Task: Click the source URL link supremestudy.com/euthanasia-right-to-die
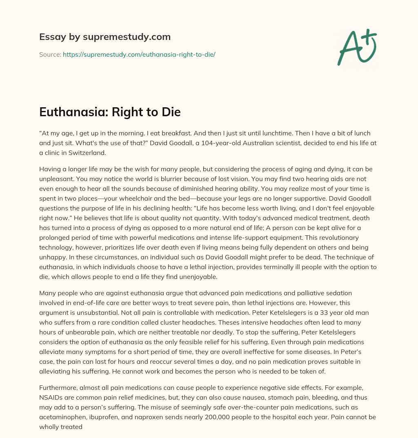pyautogui.click(x=139, y=54)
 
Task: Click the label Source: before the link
pyautogui.click(x=50, y=54)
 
